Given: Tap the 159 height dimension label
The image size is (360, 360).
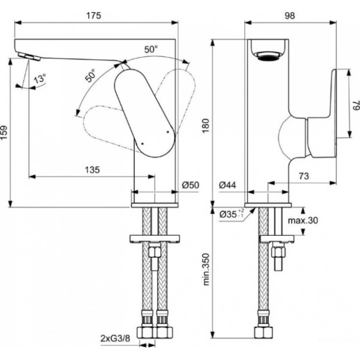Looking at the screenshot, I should (x=5, y=133).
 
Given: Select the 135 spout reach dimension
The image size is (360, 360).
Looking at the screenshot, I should (x=91, y=169).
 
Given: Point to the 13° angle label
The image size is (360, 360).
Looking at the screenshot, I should (x=40, y=79).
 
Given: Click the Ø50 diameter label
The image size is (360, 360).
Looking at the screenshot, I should (x=190, y=185).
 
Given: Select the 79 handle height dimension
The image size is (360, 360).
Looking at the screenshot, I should (x=355, y=106).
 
